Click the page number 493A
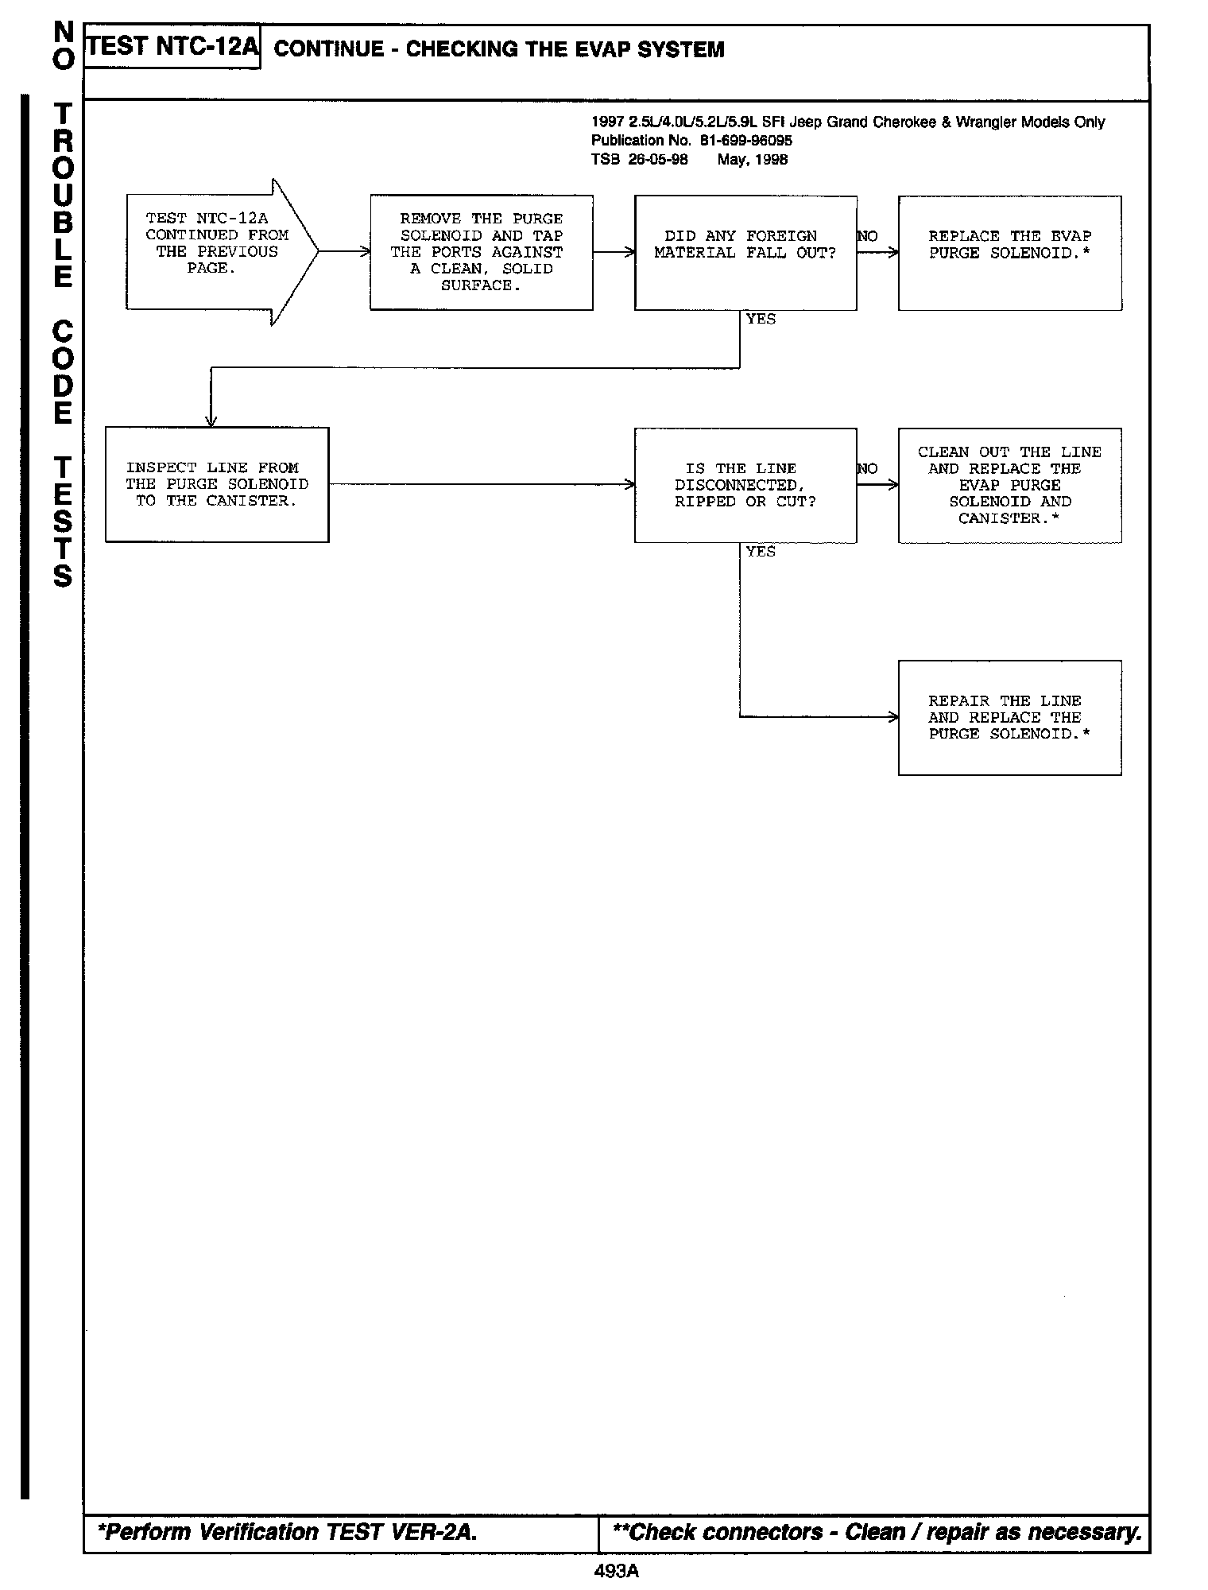coord(616,1571)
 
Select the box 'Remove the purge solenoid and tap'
coord(481,252)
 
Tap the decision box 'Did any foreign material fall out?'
coord(745,252)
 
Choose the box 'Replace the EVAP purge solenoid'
coord(1009,252)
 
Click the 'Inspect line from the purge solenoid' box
coord(217,484)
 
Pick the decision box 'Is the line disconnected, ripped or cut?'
coord(745,485)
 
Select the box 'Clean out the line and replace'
coord(1009,485)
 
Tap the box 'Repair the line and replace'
coord(1009,717)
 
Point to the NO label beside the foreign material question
coord(868,236)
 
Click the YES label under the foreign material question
coord(761,319)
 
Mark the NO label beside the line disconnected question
coord(868,469)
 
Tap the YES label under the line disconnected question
coord(761,552)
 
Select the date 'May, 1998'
coord(752,160)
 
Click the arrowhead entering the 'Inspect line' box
coord(211,421)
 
